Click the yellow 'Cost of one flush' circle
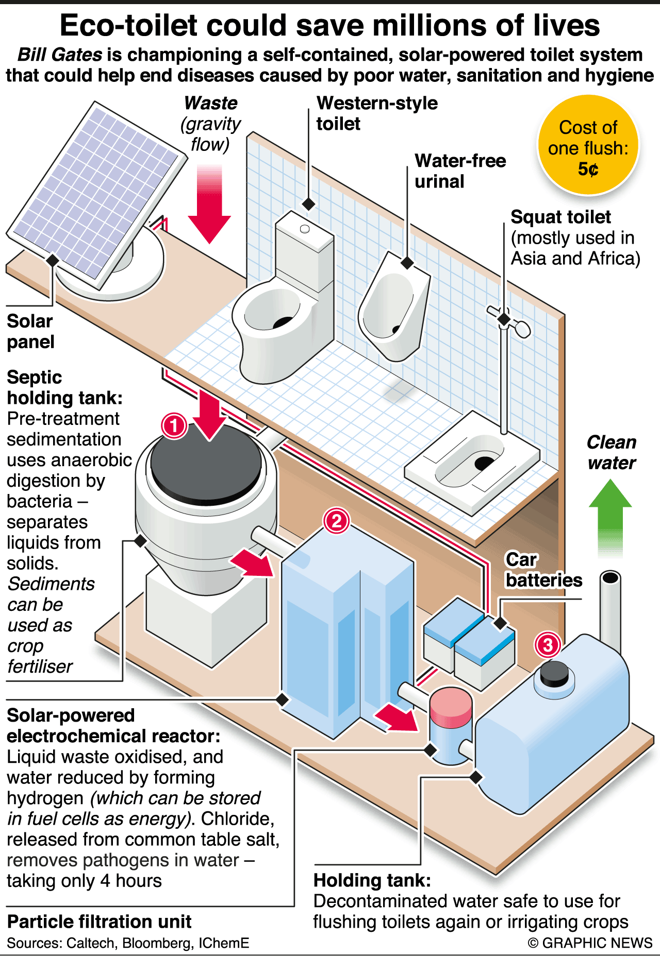pos(588,145)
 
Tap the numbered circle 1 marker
pos(174,425)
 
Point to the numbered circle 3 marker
pos(548,644)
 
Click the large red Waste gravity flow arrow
pos(209,206)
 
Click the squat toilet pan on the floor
pos(472,461)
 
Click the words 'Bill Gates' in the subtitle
pos(60,55)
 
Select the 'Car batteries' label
pos(543,570)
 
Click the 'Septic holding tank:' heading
pos(64,387)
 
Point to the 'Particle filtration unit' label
pos(99,921)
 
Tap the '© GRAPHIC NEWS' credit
pos(590,943)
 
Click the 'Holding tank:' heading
pos(372,880)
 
